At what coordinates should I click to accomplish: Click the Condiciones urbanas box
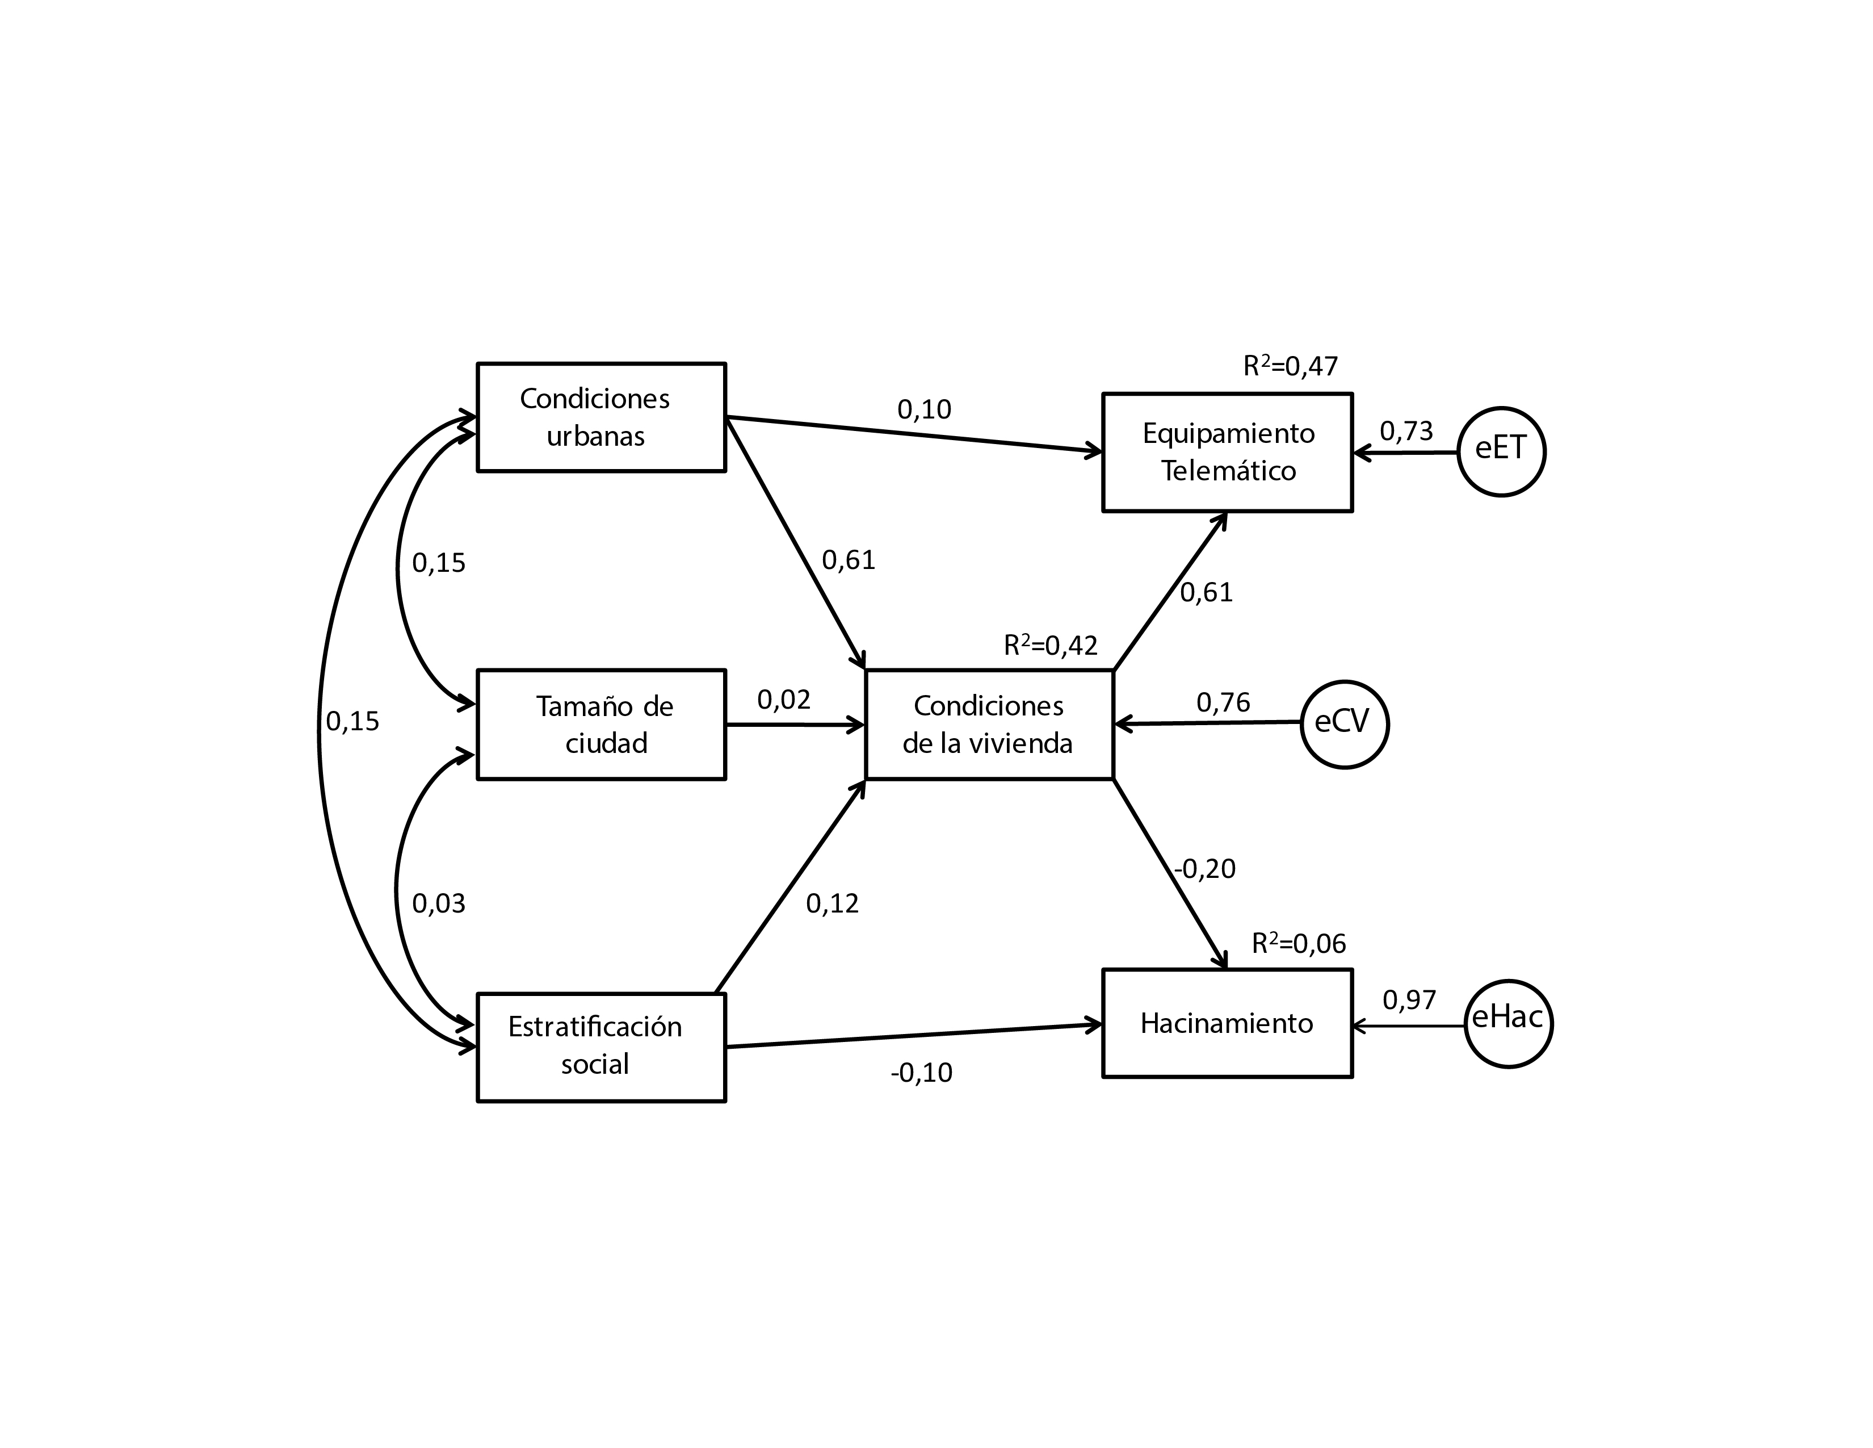[x=601, y=417]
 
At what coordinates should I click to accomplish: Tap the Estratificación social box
[x=601, y=1047]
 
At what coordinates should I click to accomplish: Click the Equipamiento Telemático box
[x=1227, y=452]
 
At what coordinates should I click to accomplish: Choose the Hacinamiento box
[x=1227, y=1023]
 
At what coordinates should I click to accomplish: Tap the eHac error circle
[x=1507, y=1023]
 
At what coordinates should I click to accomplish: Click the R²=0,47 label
[x=1290, y=366]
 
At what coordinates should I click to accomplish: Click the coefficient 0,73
[x=1406, y=430]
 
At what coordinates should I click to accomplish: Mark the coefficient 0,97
[x=1409, y=999]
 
